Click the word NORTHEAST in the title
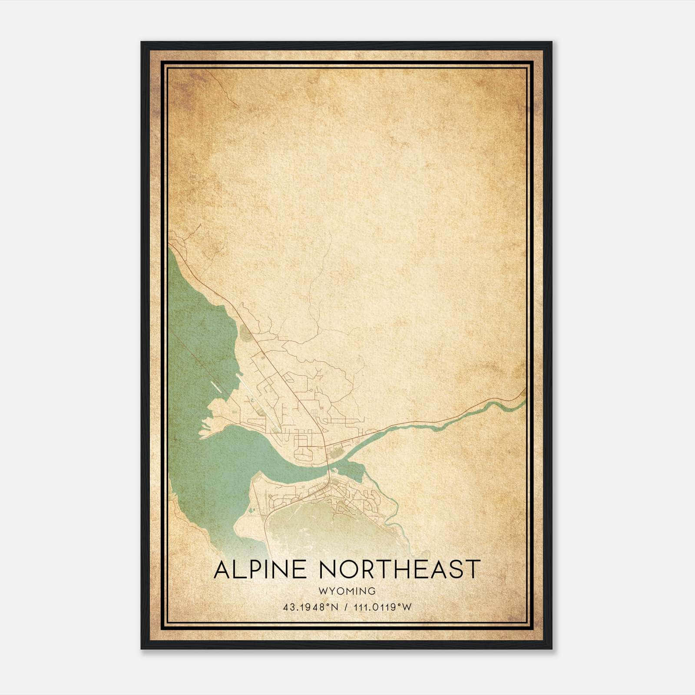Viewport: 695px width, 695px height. pyautogui.click(x=400, y=569)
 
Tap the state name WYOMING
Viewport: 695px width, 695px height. pyautogui.click(x=347, y=591)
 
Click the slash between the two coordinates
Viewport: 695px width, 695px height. pyautogui.click(x=346, y=607)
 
